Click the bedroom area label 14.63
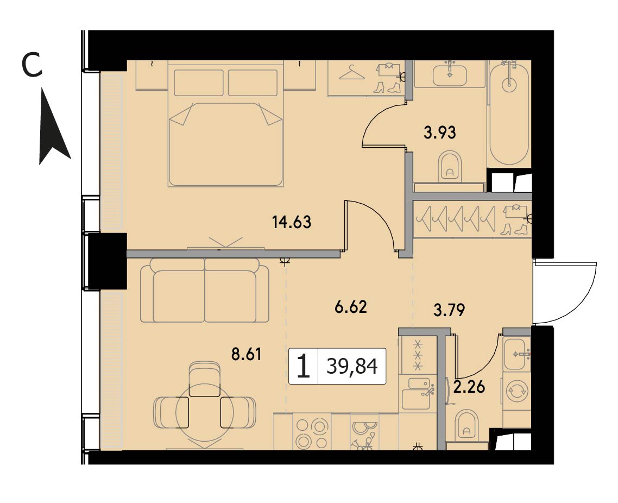pos(292,222)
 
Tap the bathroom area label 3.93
pos(440,133)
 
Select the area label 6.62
pos(351,307)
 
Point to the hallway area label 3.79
pos(449,310)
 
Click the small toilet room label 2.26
pos(469,387)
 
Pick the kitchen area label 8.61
pos(247,354)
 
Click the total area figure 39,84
pos(352,366)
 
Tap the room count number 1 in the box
pos(303,366)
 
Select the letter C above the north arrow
pos(31,65)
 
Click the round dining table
pos(205,412)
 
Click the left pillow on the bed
pos(200,83)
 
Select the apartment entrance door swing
pos(567,293)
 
